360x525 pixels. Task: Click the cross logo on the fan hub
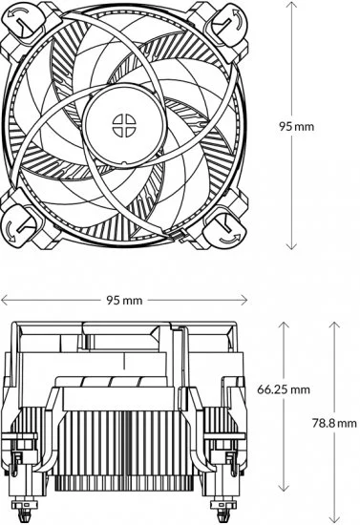[124, 125]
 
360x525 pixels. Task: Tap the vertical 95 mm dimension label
[297, 127]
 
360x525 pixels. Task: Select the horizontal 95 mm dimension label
[124, 300]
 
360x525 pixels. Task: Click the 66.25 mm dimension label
[284, 389]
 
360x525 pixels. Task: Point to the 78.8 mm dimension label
[334, 423]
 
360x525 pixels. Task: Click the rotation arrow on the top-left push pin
[18, 13]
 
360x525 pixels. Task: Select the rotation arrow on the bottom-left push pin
[11, 231]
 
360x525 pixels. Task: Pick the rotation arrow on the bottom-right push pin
[230, 239]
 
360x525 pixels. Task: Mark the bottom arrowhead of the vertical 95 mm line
[291, 247]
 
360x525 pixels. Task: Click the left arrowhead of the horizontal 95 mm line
[4, 300]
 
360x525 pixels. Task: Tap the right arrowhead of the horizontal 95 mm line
[244, 300]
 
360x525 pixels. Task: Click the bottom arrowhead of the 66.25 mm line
[284, 489]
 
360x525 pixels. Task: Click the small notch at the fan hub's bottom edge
[124, 163]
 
